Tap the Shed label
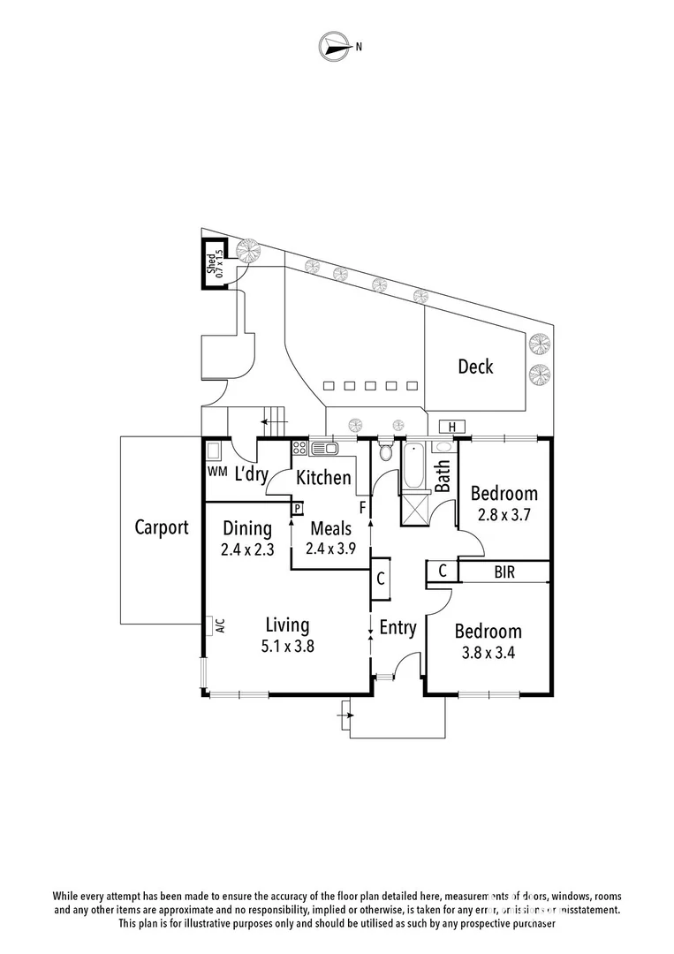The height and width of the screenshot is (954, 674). (x=212, y=262)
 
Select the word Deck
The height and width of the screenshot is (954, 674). (x=475, y=367)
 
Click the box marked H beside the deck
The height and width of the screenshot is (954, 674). (x=451, y=428)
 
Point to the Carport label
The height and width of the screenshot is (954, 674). (x=162, y=528)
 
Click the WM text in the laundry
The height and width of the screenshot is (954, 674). (x=216, y=472)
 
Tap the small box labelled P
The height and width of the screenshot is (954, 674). (x=298, y=509)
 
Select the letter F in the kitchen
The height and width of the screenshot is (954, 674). (x=361, y=509)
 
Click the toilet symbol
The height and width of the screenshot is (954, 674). (x=385, y=452)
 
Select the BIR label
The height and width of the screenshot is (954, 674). (x=504, y=573)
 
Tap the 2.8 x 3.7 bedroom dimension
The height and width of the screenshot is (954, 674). (x=504, y=514)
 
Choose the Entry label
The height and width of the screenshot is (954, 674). (x=398, y=628)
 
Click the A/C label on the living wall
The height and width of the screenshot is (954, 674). (x=216, y=625)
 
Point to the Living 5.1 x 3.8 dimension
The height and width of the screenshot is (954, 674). (x=288, y=646)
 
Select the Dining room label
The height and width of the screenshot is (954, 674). (x=246, y=529)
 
